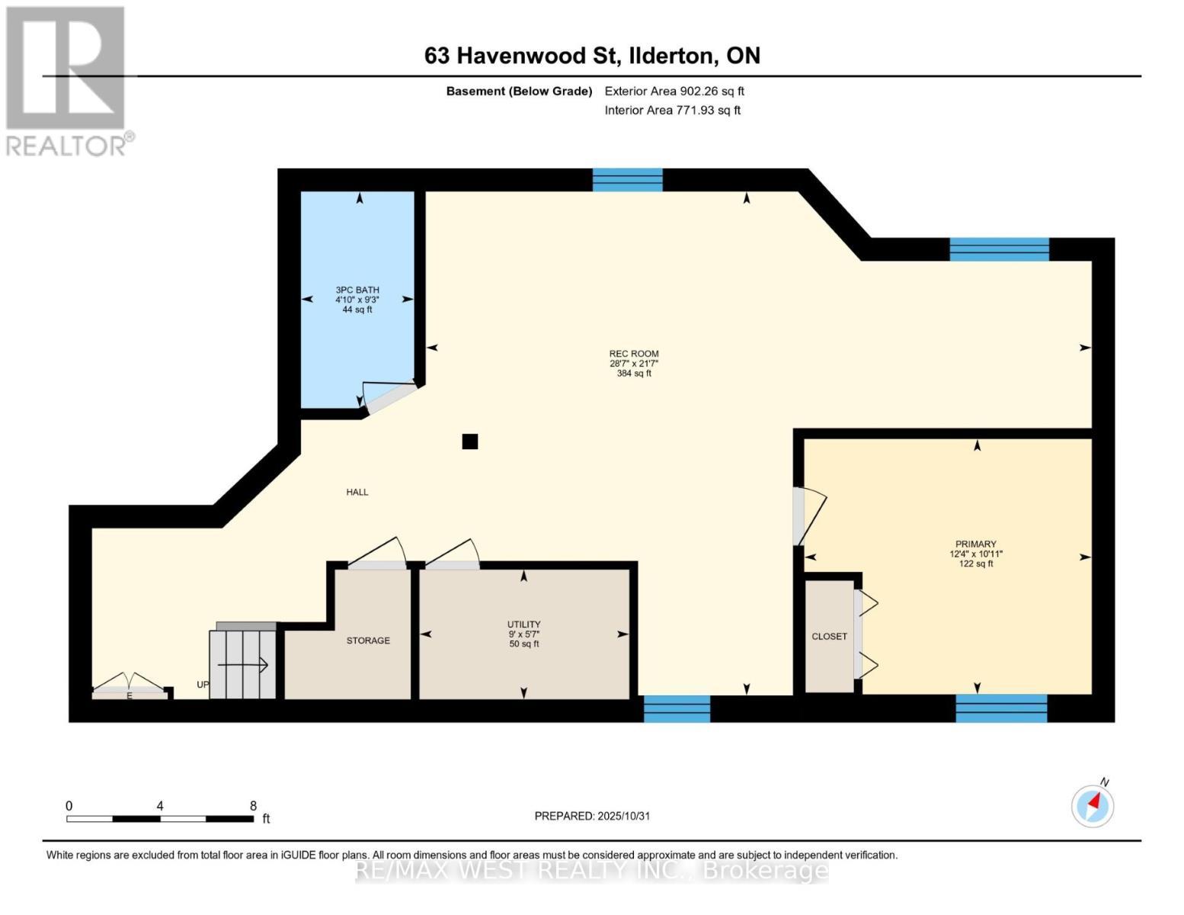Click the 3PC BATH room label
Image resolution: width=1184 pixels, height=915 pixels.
(x=357, y=291)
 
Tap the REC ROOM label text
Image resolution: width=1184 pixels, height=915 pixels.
(x=633, y=354)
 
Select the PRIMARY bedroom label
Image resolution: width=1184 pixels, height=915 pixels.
(x=975, y=544)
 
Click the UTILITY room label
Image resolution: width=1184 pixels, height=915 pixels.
(x=523, y=624)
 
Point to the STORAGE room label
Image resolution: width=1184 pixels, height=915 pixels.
(x=368, y=640)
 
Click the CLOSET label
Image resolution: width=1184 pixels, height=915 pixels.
(x=829, y=637)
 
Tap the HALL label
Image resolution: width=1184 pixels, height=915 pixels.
(x=357, y=493)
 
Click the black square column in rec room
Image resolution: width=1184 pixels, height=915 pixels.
(x=470, y=441)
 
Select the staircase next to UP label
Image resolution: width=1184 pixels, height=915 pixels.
(x=242, y=662)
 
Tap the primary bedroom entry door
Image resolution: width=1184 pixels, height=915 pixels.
(x=808, y=516)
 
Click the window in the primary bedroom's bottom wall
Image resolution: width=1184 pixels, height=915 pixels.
(x=1001, y=708)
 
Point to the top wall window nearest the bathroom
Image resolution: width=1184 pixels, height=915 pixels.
(x=628, y=180)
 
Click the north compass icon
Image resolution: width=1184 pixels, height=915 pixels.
(x=1093, y=805)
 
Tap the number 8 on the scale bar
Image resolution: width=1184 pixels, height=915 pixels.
(x=253, y=806)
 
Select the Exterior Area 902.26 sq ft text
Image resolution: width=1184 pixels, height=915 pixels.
(x=674, y=91)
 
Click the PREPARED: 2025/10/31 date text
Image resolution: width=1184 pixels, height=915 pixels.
(x=592, y=816)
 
